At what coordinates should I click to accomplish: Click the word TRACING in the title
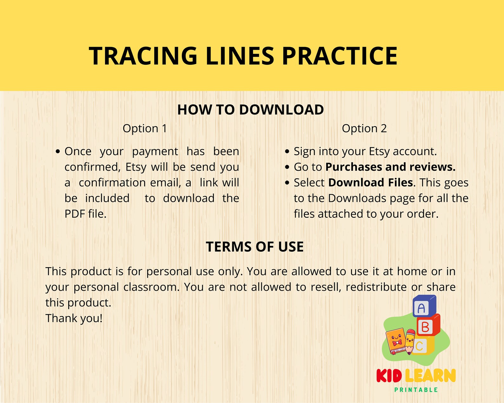(143, 56)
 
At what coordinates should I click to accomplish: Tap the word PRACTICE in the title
(340, 56)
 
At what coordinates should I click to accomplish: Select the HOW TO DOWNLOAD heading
(250, 110)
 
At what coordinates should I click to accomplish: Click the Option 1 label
(145, 129)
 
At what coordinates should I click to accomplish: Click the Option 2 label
(364, 129)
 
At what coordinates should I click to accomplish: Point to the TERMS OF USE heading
(255, 247)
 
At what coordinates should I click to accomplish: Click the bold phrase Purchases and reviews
(390, 167)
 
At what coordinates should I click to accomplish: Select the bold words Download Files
(370, 183)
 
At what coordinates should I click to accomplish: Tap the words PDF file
(85, 214)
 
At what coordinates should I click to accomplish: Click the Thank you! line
(74, 318)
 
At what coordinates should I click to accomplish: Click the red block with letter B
(427, 326)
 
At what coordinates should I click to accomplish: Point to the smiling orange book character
(395, 341)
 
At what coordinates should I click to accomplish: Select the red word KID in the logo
(389, 376)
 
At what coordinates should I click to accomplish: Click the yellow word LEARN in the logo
(430, 376)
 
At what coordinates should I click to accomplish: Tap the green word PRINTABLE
(416, 390)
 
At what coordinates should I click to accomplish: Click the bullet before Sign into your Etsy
(287, 152)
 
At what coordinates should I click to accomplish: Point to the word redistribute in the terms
(376, 287)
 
